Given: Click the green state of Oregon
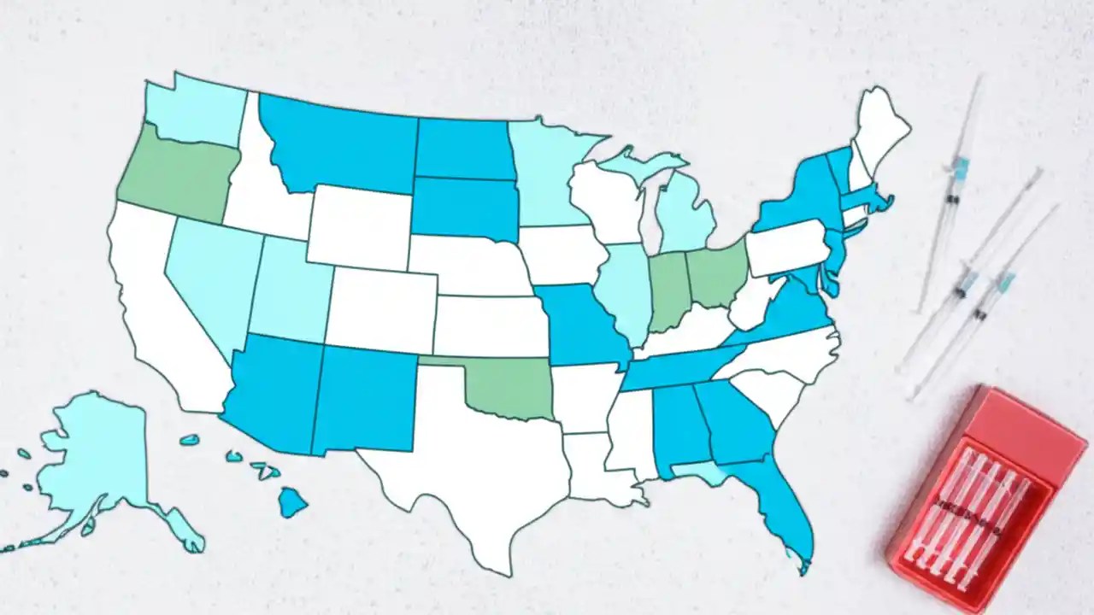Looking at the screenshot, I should tap(175, 175).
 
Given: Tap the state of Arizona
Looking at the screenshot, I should tap(273, 389).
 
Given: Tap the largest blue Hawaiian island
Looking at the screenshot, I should tap(292, 501).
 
